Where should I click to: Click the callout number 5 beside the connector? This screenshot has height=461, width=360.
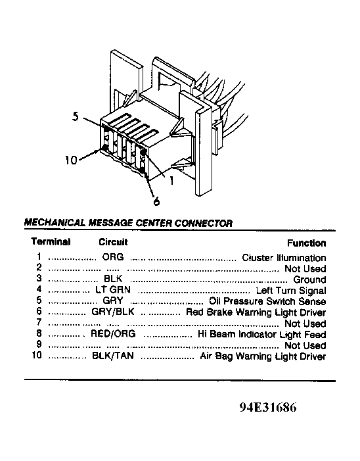point(76,116)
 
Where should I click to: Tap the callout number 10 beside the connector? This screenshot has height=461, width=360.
point(71,160)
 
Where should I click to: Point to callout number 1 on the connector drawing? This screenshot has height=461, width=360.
point(171,180)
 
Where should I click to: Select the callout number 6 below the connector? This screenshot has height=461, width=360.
point(156,201)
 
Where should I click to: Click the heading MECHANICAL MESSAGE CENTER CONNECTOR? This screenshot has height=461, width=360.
point(128,223)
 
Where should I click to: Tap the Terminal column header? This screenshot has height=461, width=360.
point(51,241)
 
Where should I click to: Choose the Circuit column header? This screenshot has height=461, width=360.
point(113,242)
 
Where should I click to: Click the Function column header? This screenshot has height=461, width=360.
point(307,243)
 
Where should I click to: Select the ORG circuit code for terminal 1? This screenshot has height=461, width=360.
point(113,257)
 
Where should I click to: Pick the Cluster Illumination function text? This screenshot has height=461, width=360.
point(284,258)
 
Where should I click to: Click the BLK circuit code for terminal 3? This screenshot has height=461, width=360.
point(113,279)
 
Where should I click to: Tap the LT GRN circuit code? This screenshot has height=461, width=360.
point(113,290)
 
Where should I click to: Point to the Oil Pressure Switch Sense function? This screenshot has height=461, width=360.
point(267,301)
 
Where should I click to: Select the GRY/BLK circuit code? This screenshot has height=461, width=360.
point(113,311)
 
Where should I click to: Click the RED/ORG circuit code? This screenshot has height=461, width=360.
point(114,333)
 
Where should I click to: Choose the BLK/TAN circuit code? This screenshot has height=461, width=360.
point(113,356)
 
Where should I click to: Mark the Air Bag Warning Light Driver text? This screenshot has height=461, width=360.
point(263,356)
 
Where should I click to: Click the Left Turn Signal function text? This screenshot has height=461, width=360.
point(291,291)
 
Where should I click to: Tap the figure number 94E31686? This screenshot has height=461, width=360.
point(268,407)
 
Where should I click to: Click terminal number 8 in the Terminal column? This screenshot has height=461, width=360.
point(39,333)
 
